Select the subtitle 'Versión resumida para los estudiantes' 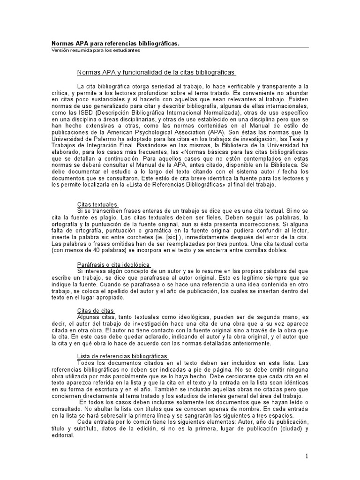click(x=96, y=51)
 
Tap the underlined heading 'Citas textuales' click(x=97, y=204)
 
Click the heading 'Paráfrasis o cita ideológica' click(x=113, y=265)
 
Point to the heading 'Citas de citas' click(x=96, y=311)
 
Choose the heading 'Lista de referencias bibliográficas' click(x=119, y=357)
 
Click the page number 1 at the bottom click(x=307, y=456)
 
